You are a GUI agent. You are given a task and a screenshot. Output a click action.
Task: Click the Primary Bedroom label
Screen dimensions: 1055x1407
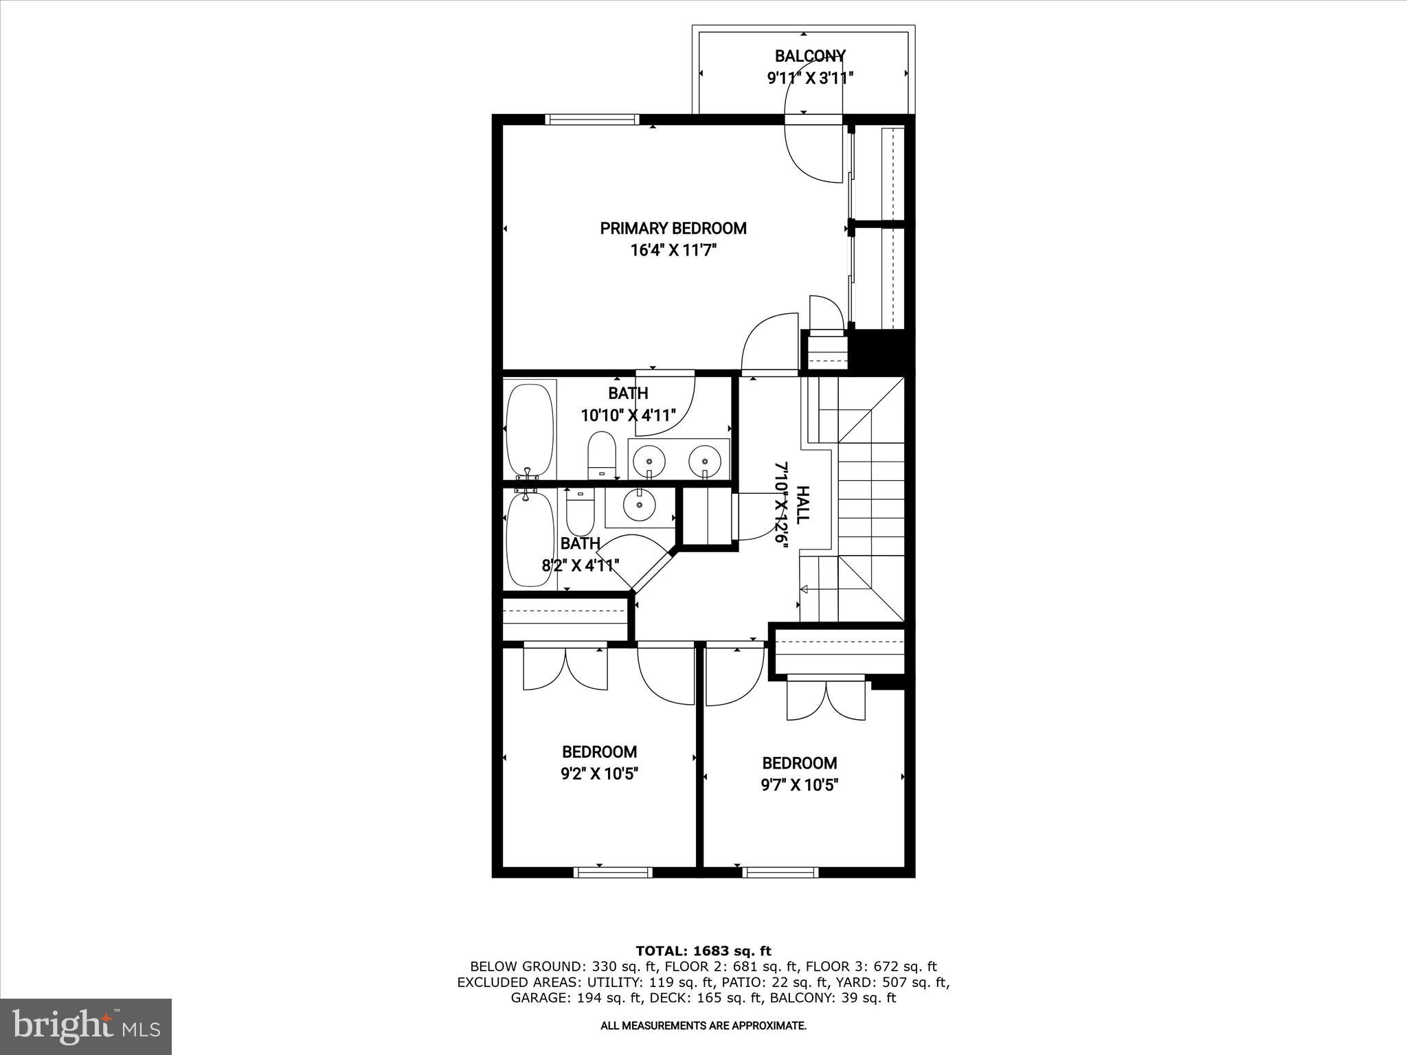click(x=673, y=229)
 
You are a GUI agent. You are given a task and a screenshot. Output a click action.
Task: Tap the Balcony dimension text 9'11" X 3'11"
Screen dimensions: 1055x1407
click(x=810, y=78)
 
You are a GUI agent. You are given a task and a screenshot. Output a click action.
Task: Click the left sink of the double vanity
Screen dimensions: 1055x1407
click(x=649, y=457)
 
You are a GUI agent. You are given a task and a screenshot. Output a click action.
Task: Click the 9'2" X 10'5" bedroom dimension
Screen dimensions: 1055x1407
click(x=600, y=774)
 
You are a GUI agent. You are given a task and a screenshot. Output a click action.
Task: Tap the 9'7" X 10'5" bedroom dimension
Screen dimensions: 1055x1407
click(x=799, y=785)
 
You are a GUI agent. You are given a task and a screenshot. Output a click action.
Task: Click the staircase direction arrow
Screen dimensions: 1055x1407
click(x=804, y=589)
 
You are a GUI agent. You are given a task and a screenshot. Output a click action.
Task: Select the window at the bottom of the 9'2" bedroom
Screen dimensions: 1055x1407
click(x=613, y=872)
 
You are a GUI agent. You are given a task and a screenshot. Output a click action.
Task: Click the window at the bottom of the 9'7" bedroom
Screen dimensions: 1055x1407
click(x=780, y=872)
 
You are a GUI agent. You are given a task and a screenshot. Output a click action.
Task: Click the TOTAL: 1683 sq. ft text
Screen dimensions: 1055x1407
click(x=703, y=951)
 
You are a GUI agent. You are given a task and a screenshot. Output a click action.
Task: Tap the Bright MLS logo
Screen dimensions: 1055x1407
click(x=86, y=1027)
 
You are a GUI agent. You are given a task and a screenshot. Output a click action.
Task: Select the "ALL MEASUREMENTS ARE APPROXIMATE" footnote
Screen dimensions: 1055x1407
click(x=703, y=1026)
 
